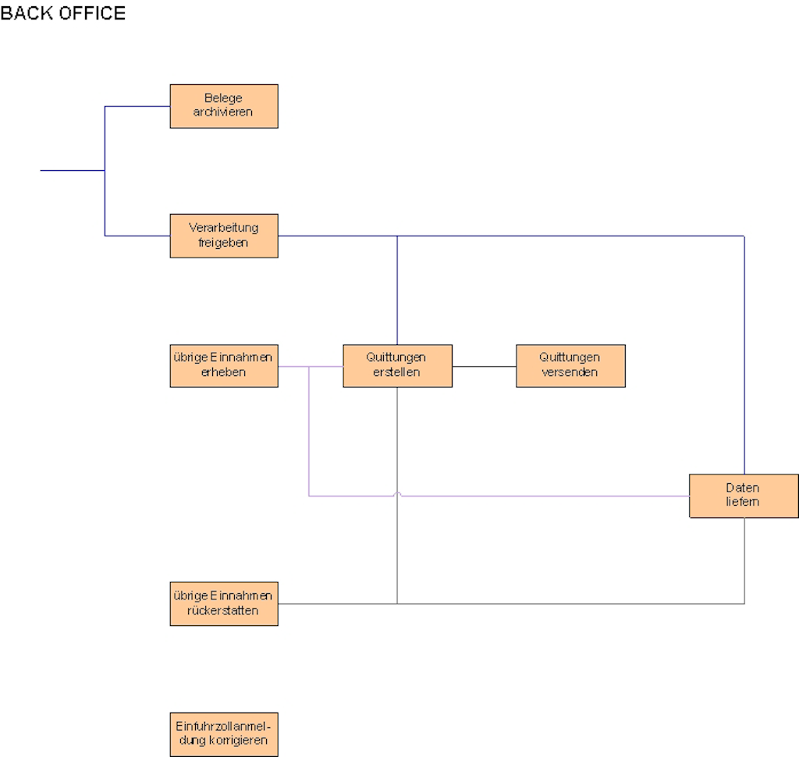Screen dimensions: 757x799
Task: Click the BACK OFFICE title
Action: click(62, 13)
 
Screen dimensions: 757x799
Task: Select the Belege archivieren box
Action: click(224, 106)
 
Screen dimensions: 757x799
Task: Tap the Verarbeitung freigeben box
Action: click(224, 236)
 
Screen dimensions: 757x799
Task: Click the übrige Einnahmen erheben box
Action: click(224, 365)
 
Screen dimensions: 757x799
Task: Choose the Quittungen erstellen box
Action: click(397, 365)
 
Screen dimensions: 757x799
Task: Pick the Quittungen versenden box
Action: click(570, 365)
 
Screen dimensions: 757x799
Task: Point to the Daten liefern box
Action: click(744, 496)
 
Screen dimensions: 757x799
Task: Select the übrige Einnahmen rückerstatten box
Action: click(224, 603)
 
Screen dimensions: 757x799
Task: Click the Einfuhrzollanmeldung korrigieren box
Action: click(224, 734)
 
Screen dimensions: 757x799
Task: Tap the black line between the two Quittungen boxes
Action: click(484, 365)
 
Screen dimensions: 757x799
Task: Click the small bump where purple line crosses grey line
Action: click(398, 494)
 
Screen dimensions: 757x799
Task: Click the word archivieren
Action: click(224, 112)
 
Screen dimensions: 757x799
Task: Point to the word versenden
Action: click(570, 372)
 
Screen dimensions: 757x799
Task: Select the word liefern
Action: click(744, 502)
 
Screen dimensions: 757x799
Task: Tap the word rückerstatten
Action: click(224, 610)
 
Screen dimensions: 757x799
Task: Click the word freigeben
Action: click(224, 242)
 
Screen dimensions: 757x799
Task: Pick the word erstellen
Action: click(397, 372)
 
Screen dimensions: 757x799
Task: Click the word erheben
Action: click(224, 372)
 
